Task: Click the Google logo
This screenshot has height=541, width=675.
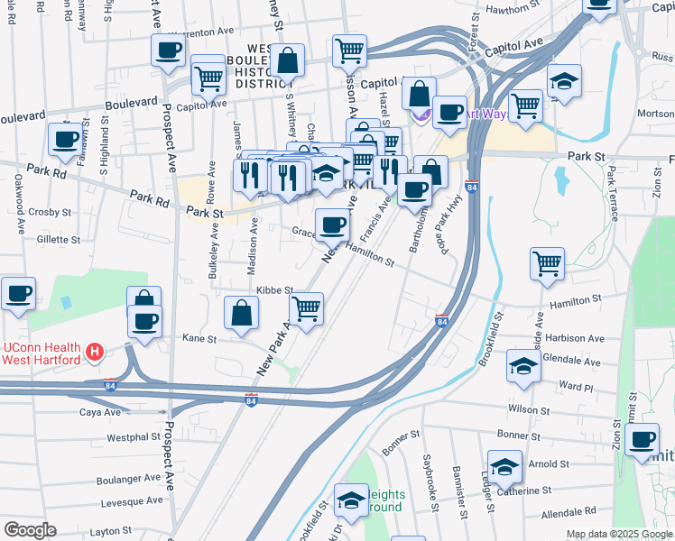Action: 30,530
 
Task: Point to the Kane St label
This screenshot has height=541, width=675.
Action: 199,339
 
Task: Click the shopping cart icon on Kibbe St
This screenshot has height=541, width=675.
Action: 307,308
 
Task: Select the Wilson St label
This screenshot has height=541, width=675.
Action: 528,408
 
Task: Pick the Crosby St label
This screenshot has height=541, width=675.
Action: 50,213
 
